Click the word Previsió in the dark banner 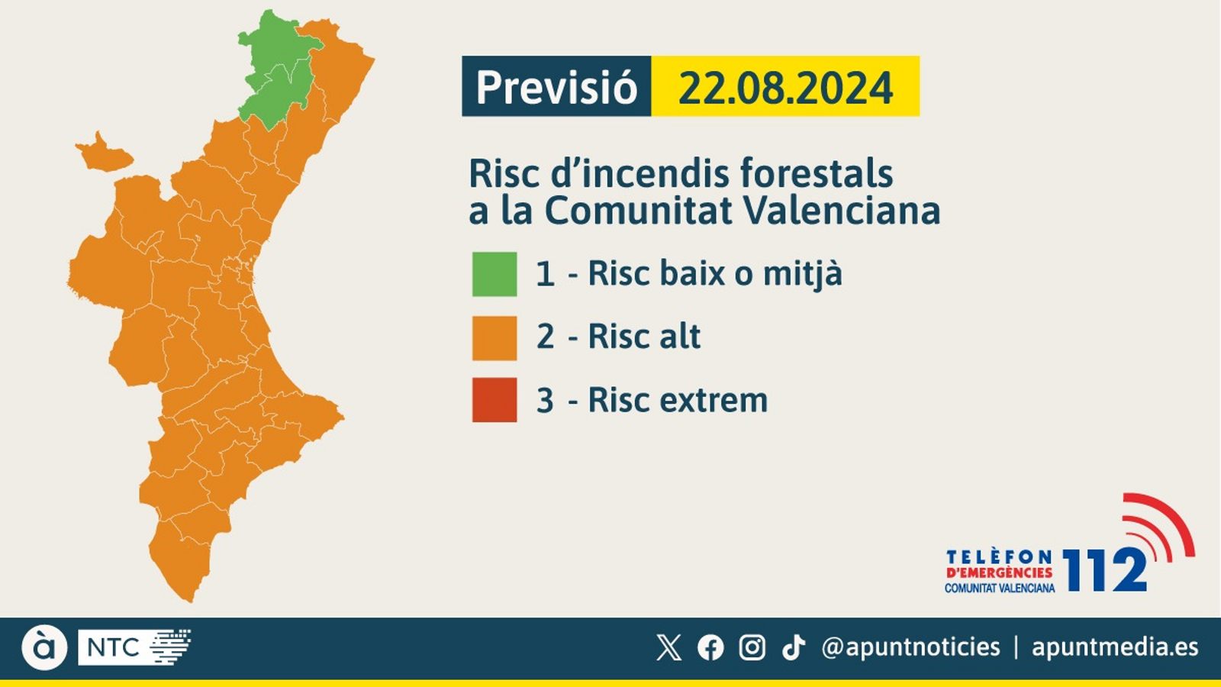(x=556, y=87)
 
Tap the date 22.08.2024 (x=785, y=88)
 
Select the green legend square (x=495, y=274)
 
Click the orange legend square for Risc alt (x=495, y=337)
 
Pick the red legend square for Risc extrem (x=495, y=400)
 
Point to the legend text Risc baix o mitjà (x=714, y=274)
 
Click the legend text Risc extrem (x=678, y=400)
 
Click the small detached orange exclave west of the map (x=103, y=154)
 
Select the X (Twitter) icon (x=669, y=647)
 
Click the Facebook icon (x=710, y=647)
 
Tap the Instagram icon (x=752, y=647)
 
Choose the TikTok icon (x=794, y=647)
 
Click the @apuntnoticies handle (x=910, y=647)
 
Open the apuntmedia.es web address (x=1115, y=647)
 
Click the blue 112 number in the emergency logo (x=1104, y=570)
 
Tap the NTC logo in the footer (x=134, y=647)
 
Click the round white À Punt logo (x=44, y=647)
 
